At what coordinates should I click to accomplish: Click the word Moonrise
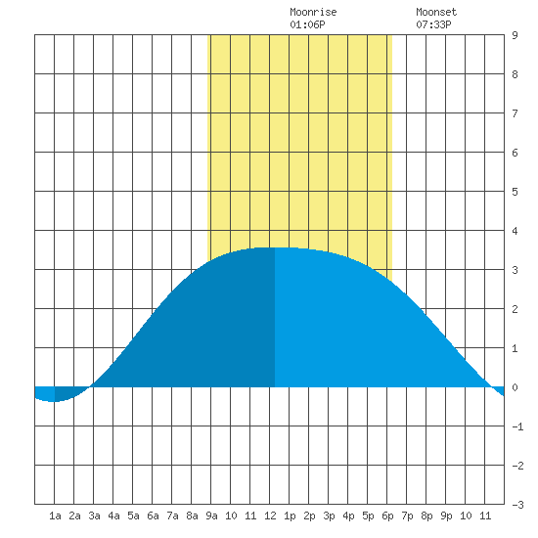pyautogui.click(x=313, y=12)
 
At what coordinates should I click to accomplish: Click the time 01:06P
pyautogui.click(x=307, y=24)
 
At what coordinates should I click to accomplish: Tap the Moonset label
pyautogui.click(x=436, y=12)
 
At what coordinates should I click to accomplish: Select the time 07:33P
pyautogui.click(x=433, y=24)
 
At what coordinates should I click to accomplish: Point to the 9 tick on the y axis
pyautogui.click(x=515, y=35)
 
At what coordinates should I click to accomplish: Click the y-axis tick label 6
pyautogui.click(x=515, y=153)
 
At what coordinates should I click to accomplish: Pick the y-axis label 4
pyautogui.click(x=515, y=231)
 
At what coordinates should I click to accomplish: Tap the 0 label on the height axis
pyautogui.click(x=515, y=387)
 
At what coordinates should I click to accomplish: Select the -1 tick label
pyautogui.click(x=517, y=426)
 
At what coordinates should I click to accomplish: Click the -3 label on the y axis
pyautogui.click(x=517, y=505)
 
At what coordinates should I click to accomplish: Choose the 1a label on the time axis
pyautogui.click(x=55, y=516)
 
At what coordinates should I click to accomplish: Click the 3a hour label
pyautogui.click(x=94, y=516)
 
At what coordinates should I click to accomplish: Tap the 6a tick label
pyautogui.click(x=153, y=516)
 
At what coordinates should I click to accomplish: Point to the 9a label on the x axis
pyautogui.click(x=211, y=516)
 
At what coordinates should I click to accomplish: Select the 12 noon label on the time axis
pyautogui.click(x=270, y=516)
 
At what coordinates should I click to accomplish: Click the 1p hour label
pyautogui.click(x=290, y=516)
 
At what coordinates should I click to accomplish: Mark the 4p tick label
pyautogui.click(x=348, y=516)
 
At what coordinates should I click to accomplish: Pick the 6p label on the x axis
pyautogui.click(x=387, y=516)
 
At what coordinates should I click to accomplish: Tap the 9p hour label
pyautogui.click(x=446, y=516)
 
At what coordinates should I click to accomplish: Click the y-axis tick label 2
pyautogui.click(x=515, y=309)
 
